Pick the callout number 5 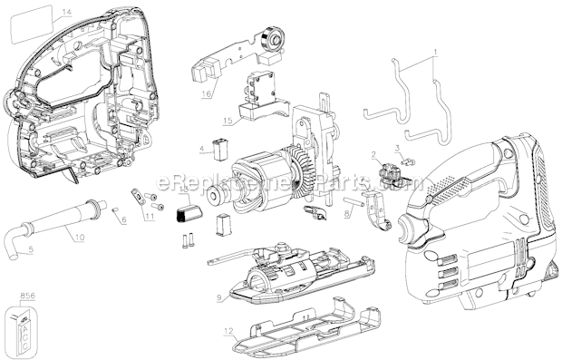(x=123, y=219)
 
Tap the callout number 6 (x=123, y=219)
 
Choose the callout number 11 (x=150, y=216)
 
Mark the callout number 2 (x=373, y=155)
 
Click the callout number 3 (x=397, y=148)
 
